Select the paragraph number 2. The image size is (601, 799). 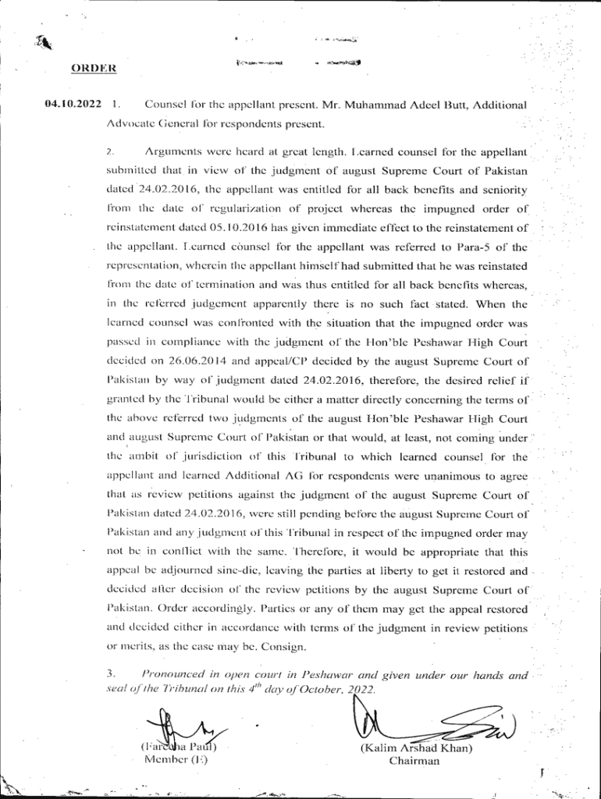[x=111, y=151]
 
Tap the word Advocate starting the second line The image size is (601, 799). [x=130, y=123]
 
